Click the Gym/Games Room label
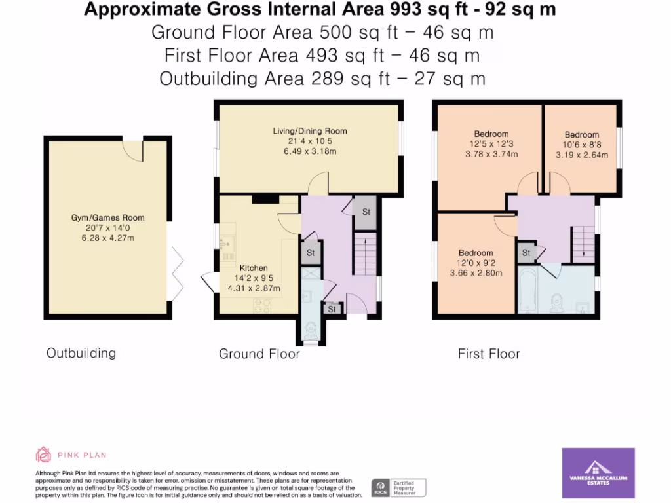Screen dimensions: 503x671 pyautogui.click(x=108, y=218)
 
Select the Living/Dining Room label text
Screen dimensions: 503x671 pyautogui.click(x=310, y=131)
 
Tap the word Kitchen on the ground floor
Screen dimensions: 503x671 pyautogui.click(x=254, y=268)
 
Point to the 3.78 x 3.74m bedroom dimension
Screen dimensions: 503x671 pyautogui.click(x=491, y=155)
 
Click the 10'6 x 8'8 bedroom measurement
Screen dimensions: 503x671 pyautogui.click(x=582, y=145)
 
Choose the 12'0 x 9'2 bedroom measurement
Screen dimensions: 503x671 pyautogui.click(x=476, y=263)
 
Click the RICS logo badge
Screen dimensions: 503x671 pyautogui.click(x=379, y=487)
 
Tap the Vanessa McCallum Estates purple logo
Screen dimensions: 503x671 pyautogui.click(x=598, y=473)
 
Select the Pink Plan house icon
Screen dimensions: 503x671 pyautogui.click(x=43, y=455)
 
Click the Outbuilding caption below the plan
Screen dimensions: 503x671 pyautogui.click(x=81, y=353)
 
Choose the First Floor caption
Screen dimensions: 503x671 pyautogui.click(x=488, y=354)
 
